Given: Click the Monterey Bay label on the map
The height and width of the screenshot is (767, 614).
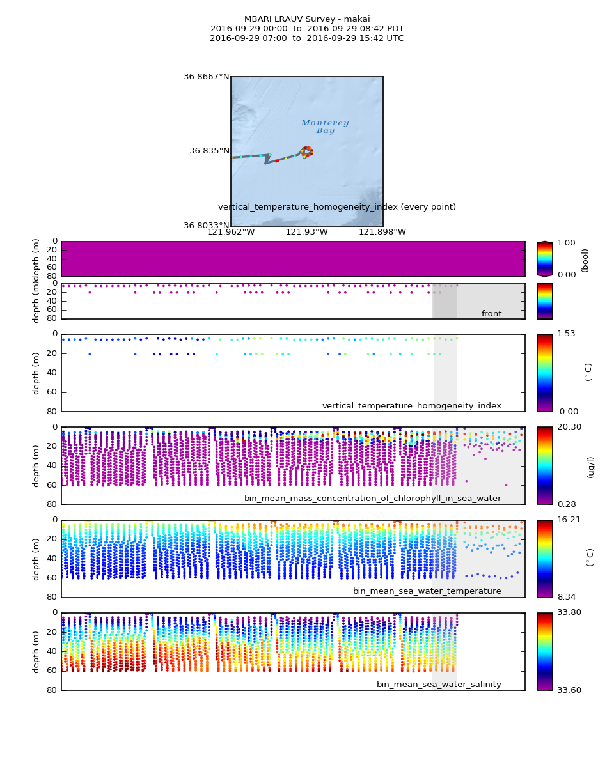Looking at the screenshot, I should pos(325,127).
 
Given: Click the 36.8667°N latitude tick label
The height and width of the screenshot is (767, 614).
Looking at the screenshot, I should pos(206,77).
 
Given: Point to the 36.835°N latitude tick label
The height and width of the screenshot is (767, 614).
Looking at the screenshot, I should pos(209,151).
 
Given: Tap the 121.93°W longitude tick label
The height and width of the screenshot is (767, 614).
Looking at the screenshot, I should pos(306,232).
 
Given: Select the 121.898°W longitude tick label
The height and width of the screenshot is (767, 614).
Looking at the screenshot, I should pos(382,232).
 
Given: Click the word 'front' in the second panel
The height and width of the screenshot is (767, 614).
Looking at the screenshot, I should pos(491,314).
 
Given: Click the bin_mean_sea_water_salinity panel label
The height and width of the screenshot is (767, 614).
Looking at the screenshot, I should pos(439,685).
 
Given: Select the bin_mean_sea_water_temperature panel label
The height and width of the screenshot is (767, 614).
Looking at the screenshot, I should pos(427,591).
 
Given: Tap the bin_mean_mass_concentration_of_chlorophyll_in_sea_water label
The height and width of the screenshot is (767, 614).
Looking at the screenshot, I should pos(372,499).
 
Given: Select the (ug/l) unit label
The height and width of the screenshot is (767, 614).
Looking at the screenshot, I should pos(590,467).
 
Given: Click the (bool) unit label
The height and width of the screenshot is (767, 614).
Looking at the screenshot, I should pos(585,260).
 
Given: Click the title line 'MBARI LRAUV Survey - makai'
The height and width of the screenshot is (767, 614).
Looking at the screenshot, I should pos(307,19).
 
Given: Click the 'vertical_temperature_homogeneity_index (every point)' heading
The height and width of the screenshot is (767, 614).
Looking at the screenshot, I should pos(336,207).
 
